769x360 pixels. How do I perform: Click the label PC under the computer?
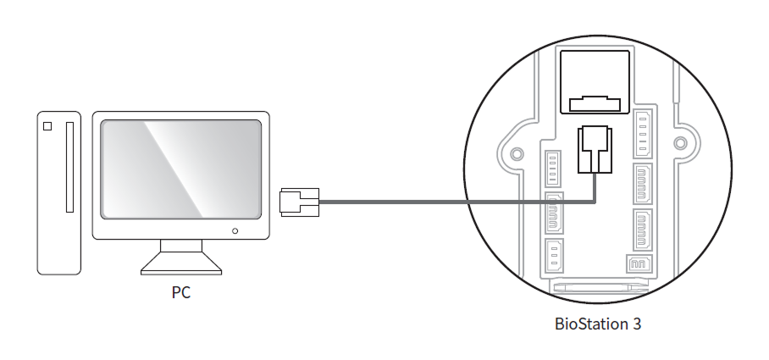181,294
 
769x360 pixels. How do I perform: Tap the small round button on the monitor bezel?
235,230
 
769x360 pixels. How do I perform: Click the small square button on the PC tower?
47,126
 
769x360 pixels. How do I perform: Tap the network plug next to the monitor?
298,202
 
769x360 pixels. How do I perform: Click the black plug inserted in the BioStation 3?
595,150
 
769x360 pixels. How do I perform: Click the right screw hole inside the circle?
680,141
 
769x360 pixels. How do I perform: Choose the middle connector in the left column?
553,213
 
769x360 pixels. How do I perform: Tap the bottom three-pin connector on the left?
553,255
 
